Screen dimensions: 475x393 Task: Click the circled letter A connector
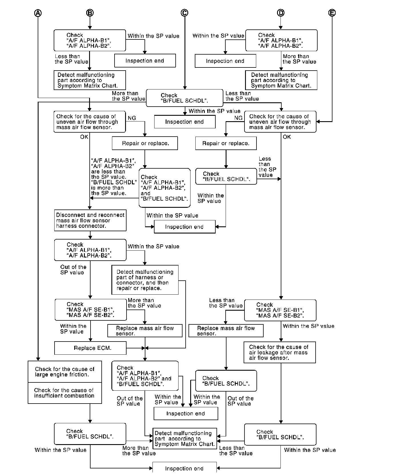click(x=38, y=13)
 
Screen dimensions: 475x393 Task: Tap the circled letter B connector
click(x=90, y=13)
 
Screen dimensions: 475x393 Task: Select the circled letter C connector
click(x=185, y=13)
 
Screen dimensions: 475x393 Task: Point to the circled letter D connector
click(x=281, y=13)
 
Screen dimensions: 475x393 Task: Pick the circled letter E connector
click(x=332, y=13)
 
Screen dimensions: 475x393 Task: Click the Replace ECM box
click(x=90, y=348)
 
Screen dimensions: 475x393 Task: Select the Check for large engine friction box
click(x=65, y=372)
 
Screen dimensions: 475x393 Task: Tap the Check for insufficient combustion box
click(x=65, y=393)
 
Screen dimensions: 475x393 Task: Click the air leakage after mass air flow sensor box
click(x=279, y=352)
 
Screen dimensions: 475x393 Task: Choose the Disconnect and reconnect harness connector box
click(x=90, y=220)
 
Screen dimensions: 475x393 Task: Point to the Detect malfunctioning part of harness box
click(x=145, y=280)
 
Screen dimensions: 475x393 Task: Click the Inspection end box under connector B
click(x=145, y=61)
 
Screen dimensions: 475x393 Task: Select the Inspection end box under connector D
click(x=225, y=61)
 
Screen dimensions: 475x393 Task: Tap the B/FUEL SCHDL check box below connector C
click(x=185, y=98)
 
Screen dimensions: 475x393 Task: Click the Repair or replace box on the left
click(x=145, y=143)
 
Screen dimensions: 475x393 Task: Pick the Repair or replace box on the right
click(x=226, y=143)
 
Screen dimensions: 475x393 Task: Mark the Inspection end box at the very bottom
click(x=185, y=468)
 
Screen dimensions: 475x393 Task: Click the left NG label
click(x=132, y=118)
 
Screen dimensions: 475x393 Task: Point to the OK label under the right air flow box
click(x=287, y=137)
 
